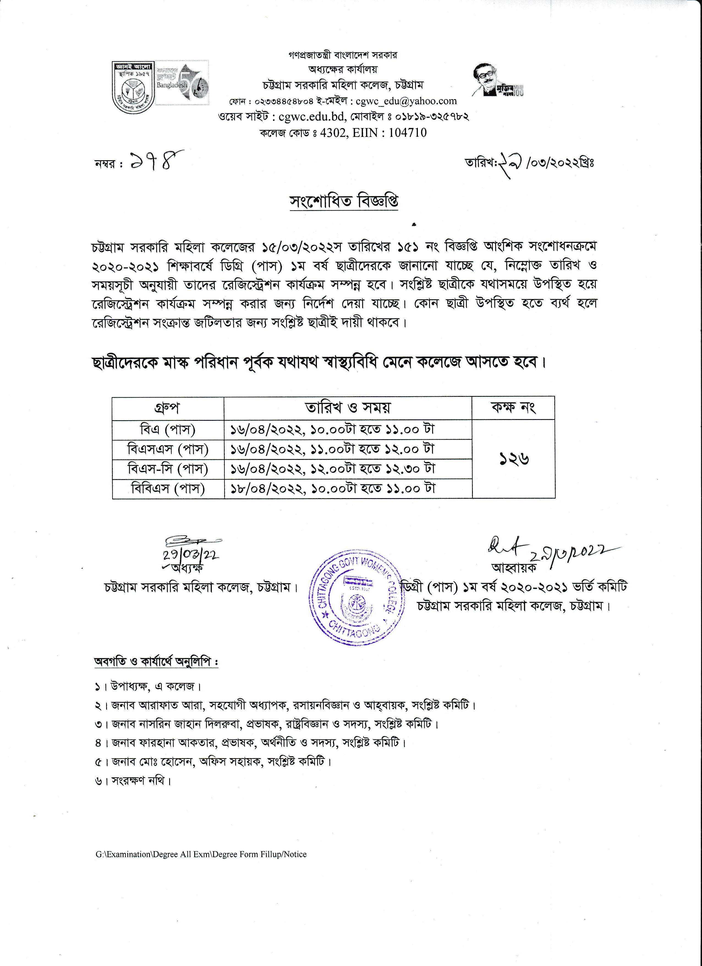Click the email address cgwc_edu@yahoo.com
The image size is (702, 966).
(x=406, y=101)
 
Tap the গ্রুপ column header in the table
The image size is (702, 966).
(x=167, y=408)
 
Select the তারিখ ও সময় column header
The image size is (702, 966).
(x=348, y=408)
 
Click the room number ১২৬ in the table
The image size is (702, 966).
(x=514, y=459)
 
